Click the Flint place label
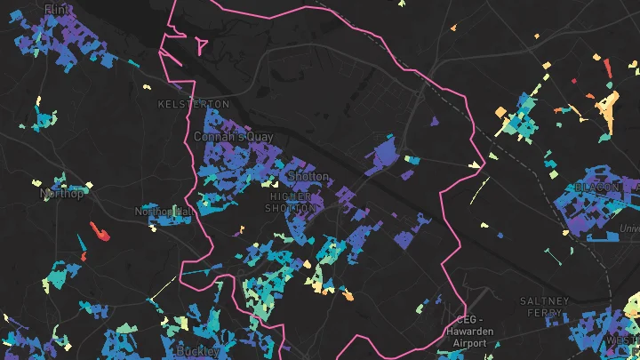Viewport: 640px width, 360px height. (x=55, y=9)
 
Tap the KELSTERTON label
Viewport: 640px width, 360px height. (x=187, y=104)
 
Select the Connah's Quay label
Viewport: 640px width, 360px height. (x=221, y=137)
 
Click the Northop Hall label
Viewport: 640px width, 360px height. (x=163, y=212)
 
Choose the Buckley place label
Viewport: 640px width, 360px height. (x=198, y=351)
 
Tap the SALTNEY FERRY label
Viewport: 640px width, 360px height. (x=544, y=308)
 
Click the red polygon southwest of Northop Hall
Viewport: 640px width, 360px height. (x=99, y=233)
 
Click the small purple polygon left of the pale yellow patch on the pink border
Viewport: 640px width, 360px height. (x=434, y=122)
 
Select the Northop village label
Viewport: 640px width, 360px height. (x=62, y=193)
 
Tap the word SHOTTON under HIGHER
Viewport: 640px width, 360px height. (x=291, y=208)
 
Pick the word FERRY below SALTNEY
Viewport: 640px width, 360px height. (x=544, y=314)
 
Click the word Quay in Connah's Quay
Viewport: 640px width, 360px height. (x=235, y=137)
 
